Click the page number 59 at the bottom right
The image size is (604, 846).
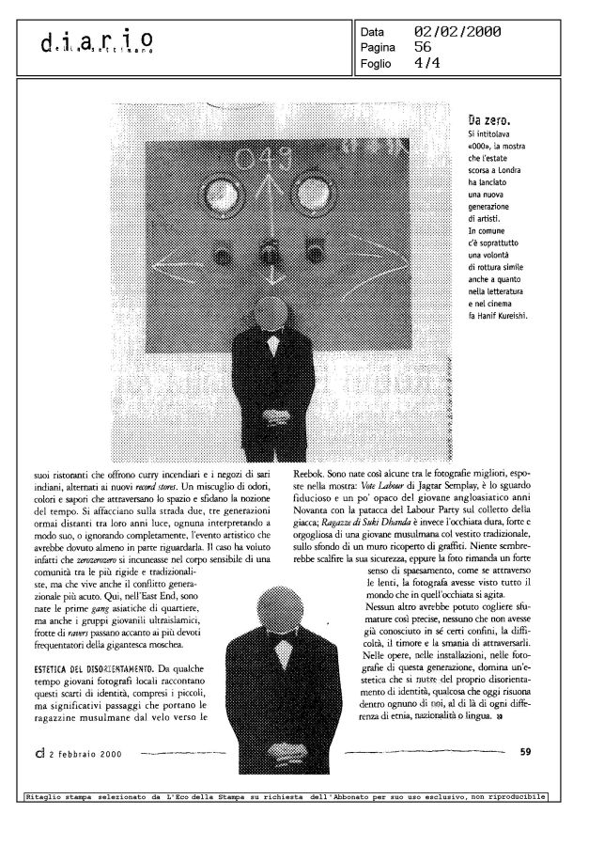[x=526, y=750]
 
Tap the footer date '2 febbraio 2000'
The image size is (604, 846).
[x=89, y=751]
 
